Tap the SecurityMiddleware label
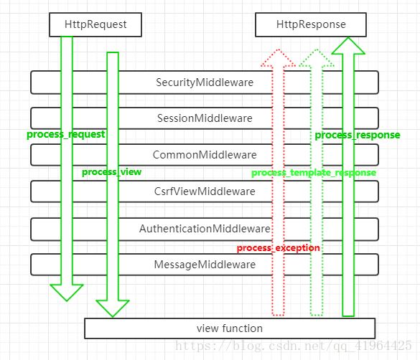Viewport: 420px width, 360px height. pyautogui.click(x=205, y=82)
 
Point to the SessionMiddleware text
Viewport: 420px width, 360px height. pyautogui.click(x=205, y=118)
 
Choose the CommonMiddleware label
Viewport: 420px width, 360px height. pyautogui.click(x=205, y=155)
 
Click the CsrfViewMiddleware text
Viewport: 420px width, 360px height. pyautogui.click(x=205, y=191)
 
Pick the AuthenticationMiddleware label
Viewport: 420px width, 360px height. pyautogui.click(x=205, y=229)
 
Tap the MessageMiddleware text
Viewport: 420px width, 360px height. pyautogui.click(x=205, y=265)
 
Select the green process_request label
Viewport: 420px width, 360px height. pyautogui.click(x=65, y=134)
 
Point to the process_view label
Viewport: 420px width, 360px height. pyautogui.click(x=111, y=172)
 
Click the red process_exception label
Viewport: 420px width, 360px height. pyautogui.click(x=279, y=248)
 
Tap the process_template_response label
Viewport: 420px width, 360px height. pyautogui.click(x=314, y=173)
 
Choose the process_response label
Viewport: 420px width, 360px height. pyautogui.click(x=358, y=135)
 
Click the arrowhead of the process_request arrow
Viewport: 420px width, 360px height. pyautogui.click(x=67, y=293)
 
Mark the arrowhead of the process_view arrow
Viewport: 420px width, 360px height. pyautogui.click(x=113, y=308)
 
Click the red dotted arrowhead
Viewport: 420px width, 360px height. pyautogui.click(x=279, y=57)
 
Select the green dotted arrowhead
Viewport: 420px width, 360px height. pyautogui.click(x=317, y=57)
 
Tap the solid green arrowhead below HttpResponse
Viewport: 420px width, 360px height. pyautogui.click(x=348, y=45)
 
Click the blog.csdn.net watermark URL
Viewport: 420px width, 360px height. pyautogui.click(x=294, y=346)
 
